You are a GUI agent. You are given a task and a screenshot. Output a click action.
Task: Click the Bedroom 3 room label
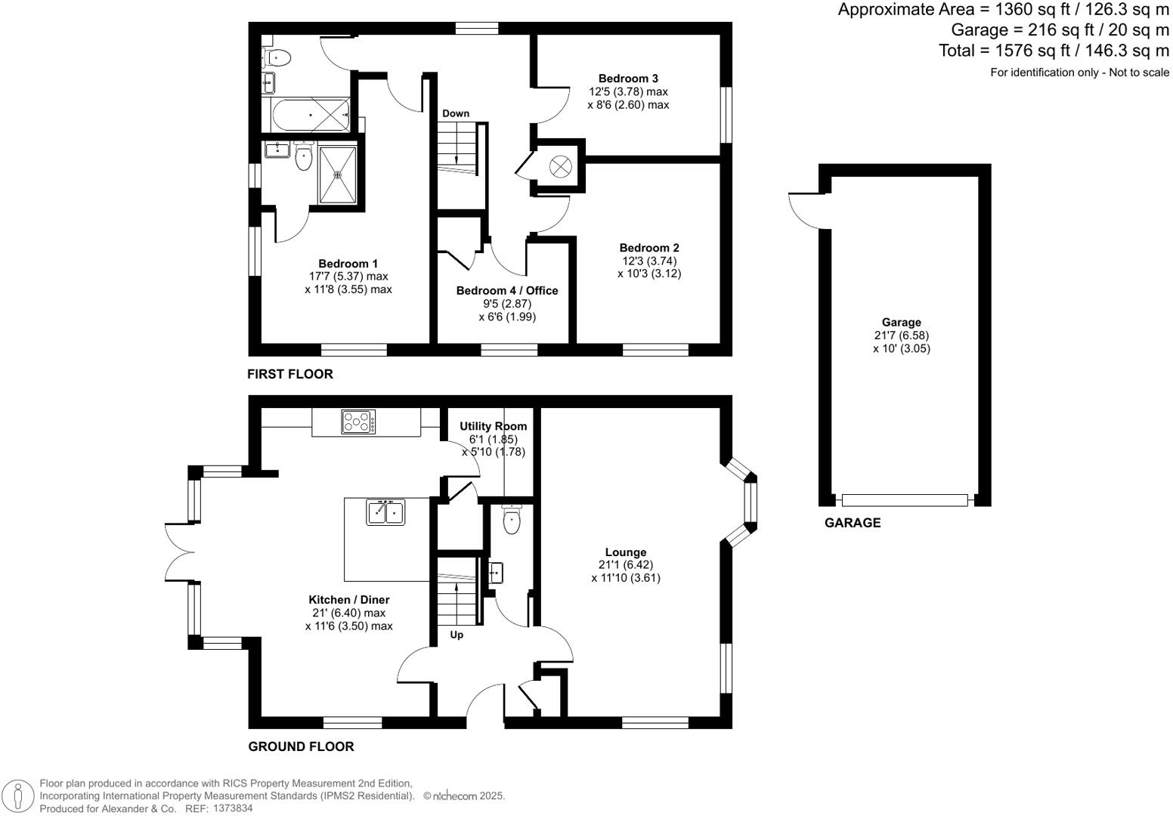click(x=628, y=79)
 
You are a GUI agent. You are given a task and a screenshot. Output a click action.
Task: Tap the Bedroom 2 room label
click(x=648, y=248)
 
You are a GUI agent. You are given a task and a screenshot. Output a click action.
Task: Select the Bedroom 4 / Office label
click(x=506, y=291)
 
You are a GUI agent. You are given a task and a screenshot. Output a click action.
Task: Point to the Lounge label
click(x=625, y=552)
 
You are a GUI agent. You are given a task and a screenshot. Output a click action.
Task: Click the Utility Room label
click(x=493, y=426)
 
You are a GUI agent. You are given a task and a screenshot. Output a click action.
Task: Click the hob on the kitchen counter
click(x=357, y=422)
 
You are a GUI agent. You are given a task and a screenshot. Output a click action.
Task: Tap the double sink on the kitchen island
click(x=386, y=512)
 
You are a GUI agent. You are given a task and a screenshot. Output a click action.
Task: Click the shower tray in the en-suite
click(x=338, y=175)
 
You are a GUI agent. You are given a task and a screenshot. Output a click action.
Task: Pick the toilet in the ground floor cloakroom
click(x=512, y=520)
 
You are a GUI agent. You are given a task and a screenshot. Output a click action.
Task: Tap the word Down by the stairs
click(x=456, y=113)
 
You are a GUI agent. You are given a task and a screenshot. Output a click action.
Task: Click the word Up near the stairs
click(x=457, y=635)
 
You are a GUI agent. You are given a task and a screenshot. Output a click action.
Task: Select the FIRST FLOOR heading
click(x=289, y=374)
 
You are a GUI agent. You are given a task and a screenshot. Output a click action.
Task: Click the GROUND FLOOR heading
click(x=301, y=746)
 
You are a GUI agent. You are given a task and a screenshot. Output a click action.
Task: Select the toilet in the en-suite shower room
click(x=304, y=159)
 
